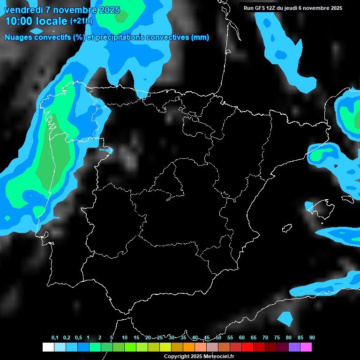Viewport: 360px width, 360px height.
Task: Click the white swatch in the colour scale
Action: click(x=48, y=347)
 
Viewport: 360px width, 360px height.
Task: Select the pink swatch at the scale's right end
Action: click(x=306, y=347)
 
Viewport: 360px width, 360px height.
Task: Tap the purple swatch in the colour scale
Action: click(x=294, y=347)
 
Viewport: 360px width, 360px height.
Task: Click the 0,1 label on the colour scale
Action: click(x=55, y=338)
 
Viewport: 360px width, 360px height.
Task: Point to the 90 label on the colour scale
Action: click(x=312, y=338)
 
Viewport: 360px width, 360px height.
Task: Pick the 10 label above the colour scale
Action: click(x=125, y=338)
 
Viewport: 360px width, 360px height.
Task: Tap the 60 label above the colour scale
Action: click(x=242, y=338)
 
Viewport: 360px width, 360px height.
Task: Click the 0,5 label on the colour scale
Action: click(x=78, y=338)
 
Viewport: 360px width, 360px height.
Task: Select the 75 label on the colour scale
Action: click(x=277, y=338)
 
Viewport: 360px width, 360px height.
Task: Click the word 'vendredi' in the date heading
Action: click(x=23, y=10)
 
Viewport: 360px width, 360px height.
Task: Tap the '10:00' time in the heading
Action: click(x=19, y=21)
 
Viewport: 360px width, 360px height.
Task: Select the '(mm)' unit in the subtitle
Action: click(x=200, y=37)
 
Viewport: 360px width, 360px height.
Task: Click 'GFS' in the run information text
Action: click(x=260, y=8)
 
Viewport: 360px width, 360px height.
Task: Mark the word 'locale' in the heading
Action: click(x=52, y=21)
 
